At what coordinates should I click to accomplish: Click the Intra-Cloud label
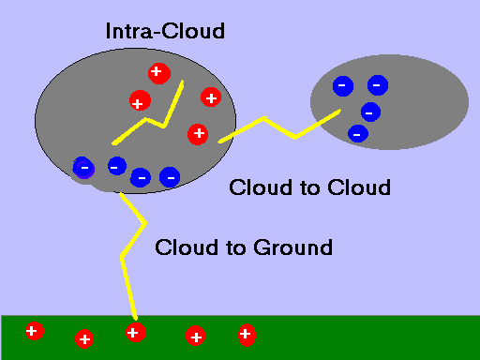click(x=165, y=31)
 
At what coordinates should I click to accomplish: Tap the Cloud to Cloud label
click(x=309, y=187)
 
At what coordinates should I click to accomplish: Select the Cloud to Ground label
click(x=244, y=247)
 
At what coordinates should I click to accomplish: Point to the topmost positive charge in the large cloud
click(x=157, y=71)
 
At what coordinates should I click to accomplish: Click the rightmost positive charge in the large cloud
click(x=211, y=97)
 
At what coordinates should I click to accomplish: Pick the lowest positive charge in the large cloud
click(x=197, y=134)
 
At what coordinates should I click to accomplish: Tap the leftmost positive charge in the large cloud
click(x=138, y=102)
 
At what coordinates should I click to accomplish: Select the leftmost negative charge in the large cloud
click(x=83, y=168)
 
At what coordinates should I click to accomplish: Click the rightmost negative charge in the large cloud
click(x=170, y=175)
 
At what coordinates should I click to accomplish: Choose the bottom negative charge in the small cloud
click(x=357, y=133)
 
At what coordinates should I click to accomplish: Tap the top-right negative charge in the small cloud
click(x=377, y=85)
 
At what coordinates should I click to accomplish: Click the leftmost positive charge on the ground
click(x=34, y=331)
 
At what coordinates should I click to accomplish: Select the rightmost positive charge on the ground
click(x=246, y=333)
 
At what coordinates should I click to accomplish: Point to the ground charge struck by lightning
click(x=134, y=332)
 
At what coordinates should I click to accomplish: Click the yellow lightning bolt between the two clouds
click(x=281, y=126)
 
